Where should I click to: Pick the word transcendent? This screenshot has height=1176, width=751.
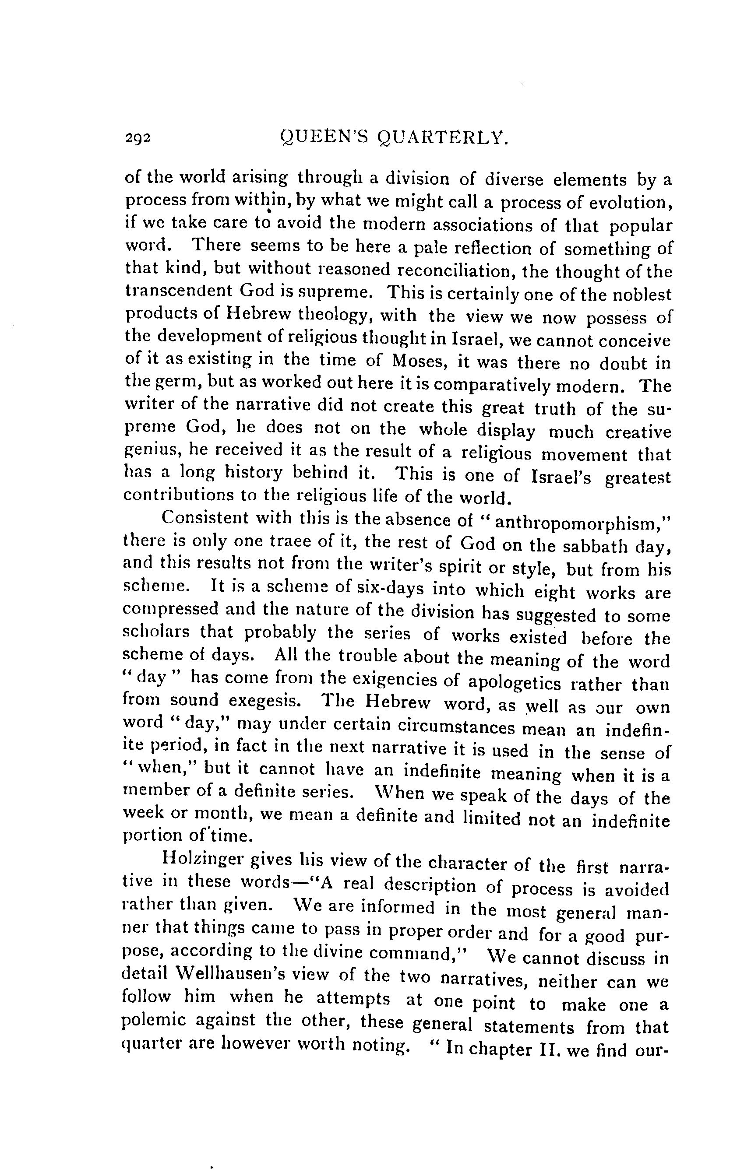(178, 291)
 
